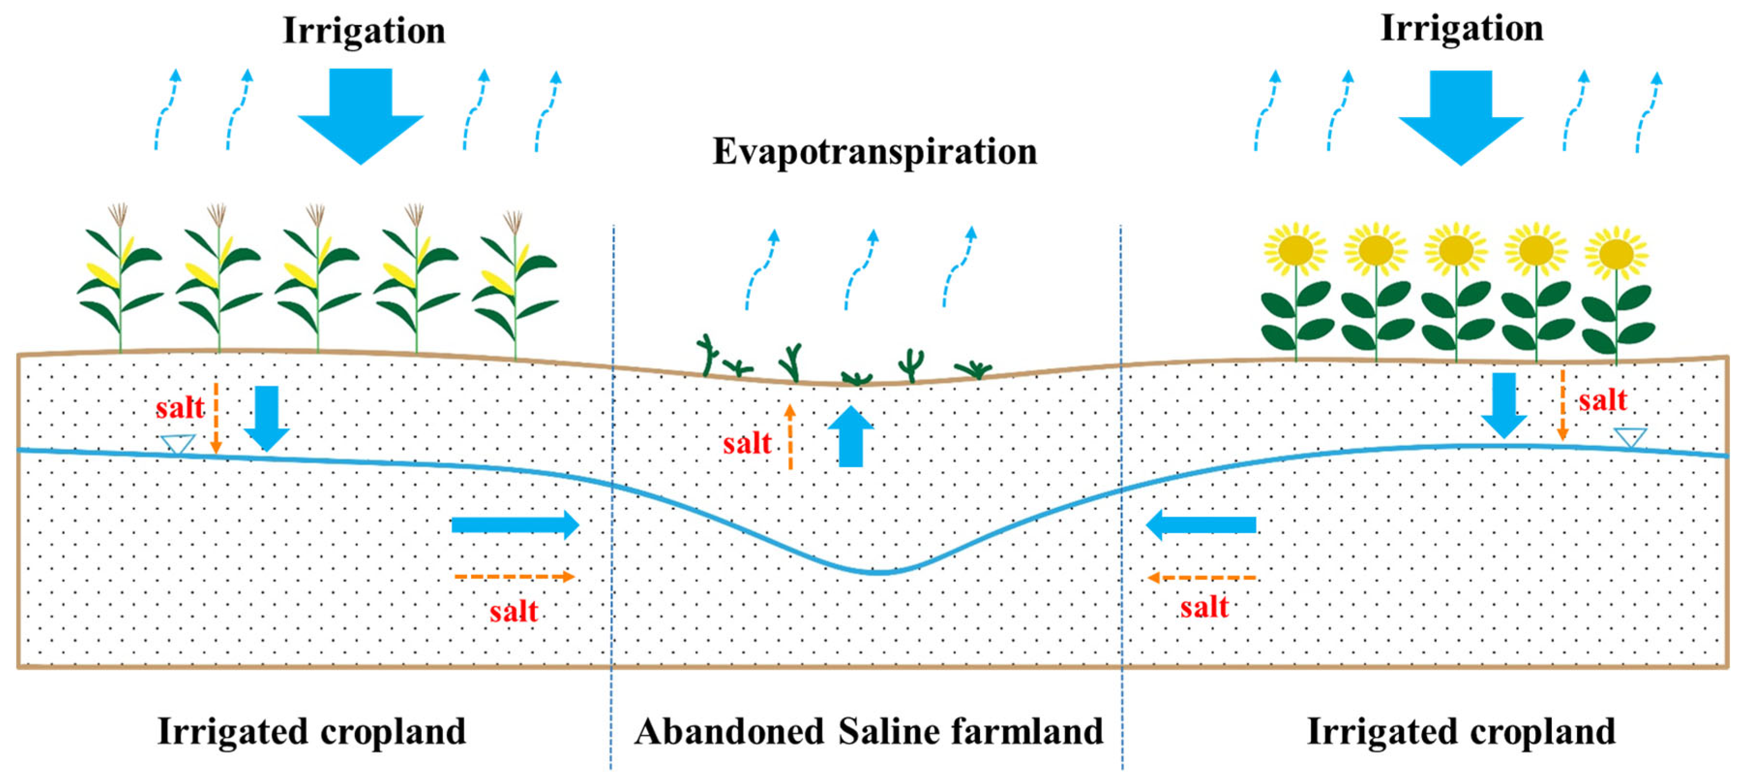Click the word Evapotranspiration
pyautogui.click(x=875, y=151)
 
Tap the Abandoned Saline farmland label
pyautogui.click(x=869, y=732)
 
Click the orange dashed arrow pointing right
pyautogui.click(x=514, y=577)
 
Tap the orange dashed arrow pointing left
pyautogui.click(x=1201, y=577)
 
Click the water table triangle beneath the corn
pyautogui.click(x=178, y=444)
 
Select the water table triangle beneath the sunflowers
pyautogui.click(x=1630, y=436)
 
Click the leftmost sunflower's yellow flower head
pyautogui.click(x=1296, y=250)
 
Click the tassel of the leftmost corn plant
pyautogui.click(x=119, y=215)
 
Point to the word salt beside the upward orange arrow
pyautogui.click(x=747, y=444)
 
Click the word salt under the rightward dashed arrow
pyautogui.click(x=514, y=611)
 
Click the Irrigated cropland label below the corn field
pyautogui.click(x=312, y=732)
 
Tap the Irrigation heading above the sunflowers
pyautogui.click(x=1462, y=29)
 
